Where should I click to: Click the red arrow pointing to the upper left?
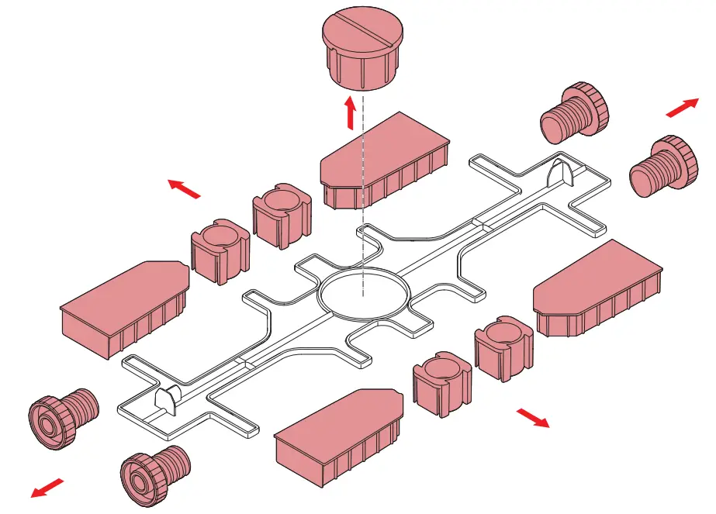click(185, 188)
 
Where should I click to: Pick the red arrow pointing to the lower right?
click(533, 418)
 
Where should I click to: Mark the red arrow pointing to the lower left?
click(48, 488)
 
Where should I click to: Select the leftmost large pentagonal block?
click(124, 306)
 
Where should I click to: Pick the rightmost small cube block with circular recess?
click(503, 347)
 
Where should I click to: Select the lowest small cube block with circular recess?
click(442, 384)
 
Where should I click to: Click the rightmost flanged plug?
click(661, 167)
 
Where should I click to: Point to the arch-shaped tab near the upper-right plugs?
click(561, 173)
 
